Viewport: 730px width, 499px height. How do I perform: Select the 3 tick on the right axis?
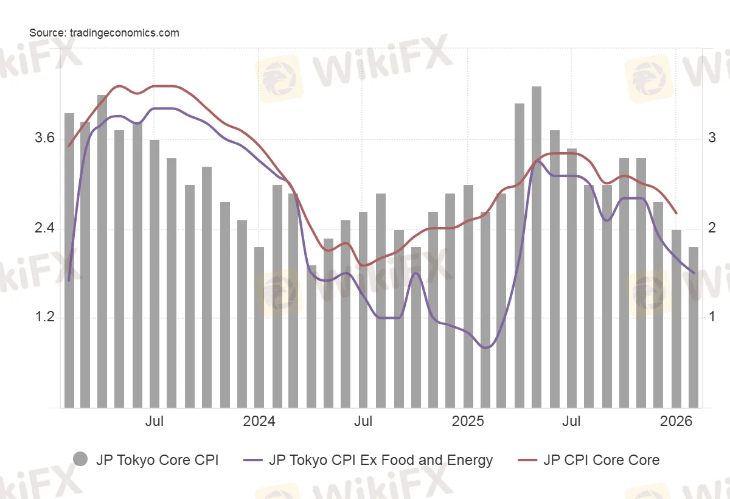tap(712, 138)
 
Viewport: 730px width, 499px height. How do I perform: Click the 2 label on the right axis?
tap(712, 229)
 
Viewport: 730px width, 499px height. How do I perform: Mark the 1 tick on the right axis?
tap(712, 318)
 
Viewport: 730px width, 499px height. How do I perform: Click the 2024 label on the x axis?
tap(259, 421)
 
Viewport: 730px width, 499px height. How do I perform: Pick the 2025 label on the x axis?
tap(467, 421)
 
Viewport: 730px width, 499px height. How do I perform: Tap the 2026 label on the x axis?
tap(676, 421)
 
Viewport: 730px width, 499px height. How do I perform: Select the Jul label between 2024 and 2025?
tap(363, 421)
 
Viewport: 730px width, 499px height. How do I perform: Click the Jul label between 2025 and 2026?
tap(571, 421)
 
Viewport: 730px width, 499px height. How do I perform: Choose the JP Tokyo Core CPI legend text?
tap(157, 460)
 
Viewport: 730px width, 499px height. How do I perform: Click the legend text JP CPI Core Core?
tap(601, 460)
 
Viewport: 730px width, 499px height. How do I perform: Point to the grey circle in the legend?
tap(80, 460)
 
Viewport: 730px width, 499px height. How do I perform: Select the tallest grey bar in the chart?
tap(537, 246)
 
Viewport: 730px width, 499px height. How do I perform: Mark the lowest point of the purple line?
tap(485, 347)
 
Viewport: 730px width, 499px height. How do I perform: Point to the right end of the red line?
tap(676, 214)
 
